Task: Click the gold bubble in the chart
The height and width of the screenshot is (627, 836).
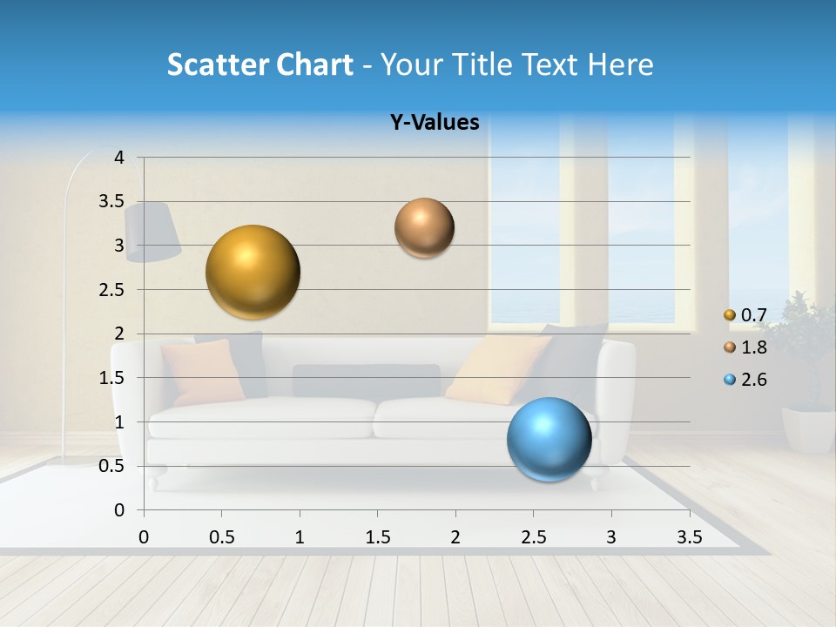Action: [253, 272]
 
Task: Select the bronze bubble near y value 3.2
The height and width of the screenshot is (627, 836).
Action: [424, 228]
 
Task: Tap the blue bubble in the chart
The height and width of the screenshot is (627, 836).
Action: [549, 439]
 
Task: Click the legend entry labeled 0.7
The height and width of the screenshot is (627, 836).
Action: [745, 314]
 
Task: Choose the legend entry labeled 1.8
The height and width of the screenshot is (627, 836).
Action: [745, 347]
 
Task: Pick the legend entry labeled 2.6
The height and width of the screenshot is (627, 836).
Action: [745, 380]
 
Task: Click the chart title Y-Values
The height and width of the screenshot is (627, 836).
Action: [435, 123]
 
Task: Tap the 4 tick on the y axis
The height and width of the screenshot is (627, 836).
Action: [119, 158]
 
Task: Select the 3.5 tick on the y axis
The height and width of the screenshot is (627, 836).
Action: [112, 202]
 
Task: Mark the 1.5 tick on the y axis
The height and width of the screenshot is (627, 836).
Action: [112, 378]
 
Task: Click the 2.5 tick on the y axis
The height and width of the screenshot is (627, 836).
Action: [112, 290]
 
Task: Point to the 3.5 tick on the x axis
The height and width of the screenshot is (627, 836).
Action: [689, 537]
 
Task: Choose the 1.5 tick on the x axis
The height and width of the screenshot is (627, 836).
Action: [377, 537]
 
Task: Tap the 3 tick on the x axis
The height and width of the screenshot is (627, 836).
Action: [611, 537]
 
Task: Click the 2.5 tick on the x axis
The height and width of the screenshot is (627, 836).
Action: [533, 537]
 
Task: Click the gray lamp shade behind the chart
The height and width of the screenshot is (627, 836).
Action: [152, 232]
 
